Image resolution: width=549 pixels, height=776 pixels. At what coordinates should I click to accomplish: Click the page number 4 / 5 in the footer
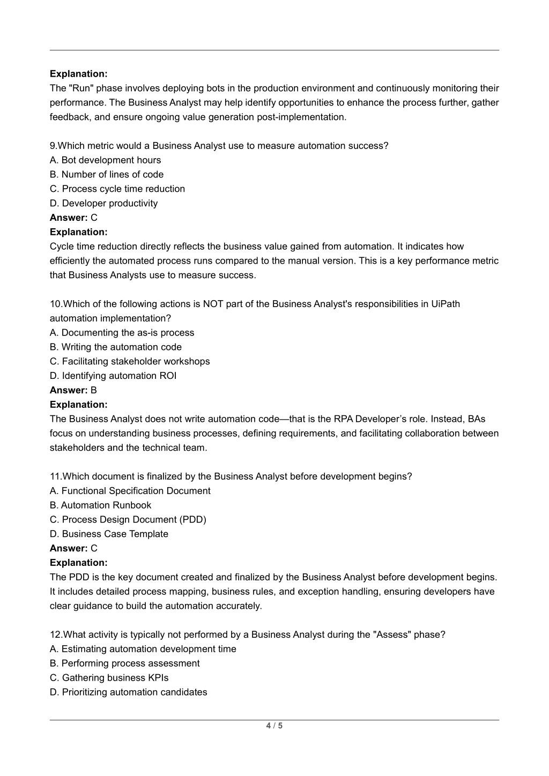(274, 726)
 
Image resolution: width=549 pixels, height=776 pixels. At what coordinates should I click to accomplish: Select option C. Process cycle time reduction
(117, 189)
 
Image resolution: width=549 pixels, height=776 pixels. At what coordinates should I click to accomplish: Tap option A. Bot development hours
(105, 160)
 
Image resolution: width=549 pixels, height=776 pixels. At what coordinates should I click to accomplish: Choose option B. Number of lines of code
(107, 174)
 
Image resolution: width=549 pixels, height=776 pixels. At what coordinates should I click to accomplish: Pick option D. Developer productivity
(103, 203)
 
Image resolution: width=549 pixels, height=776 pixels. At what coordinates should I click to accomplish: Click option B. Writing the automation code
(116, 347)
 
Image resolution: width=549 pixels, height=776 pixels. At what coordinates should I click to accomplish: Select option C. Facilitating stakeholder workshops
(130, 361)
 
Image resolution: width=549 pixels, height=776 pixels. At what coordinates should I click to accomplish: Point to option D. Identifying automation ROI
(113, 376)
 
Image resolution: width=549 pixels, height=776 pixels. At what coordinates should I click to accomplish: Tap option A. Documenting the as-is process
(122, 332)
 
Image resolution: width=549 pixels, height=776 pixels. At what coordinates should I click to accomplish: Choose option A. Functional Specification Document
(130, 490)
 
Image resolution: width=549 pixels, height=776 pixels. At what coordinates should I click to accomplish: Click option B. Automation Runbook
(100, 505)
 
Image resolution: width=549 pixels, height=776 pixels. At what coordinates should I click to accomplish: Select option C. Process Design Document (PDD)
(128, 519)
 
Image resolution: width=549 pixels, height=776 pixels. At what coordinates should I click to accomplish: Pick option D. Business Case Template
(109, 534)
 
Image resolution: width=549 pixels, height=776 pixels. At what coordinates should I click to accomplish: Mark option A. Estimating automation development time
(143, 648)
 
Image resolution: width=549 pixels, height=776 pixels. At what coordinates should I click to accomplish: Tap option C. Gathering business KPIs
(109, 677)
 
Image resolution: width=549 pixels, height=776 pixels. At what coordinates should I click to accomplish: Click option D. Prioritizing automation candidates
(128, 692)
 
